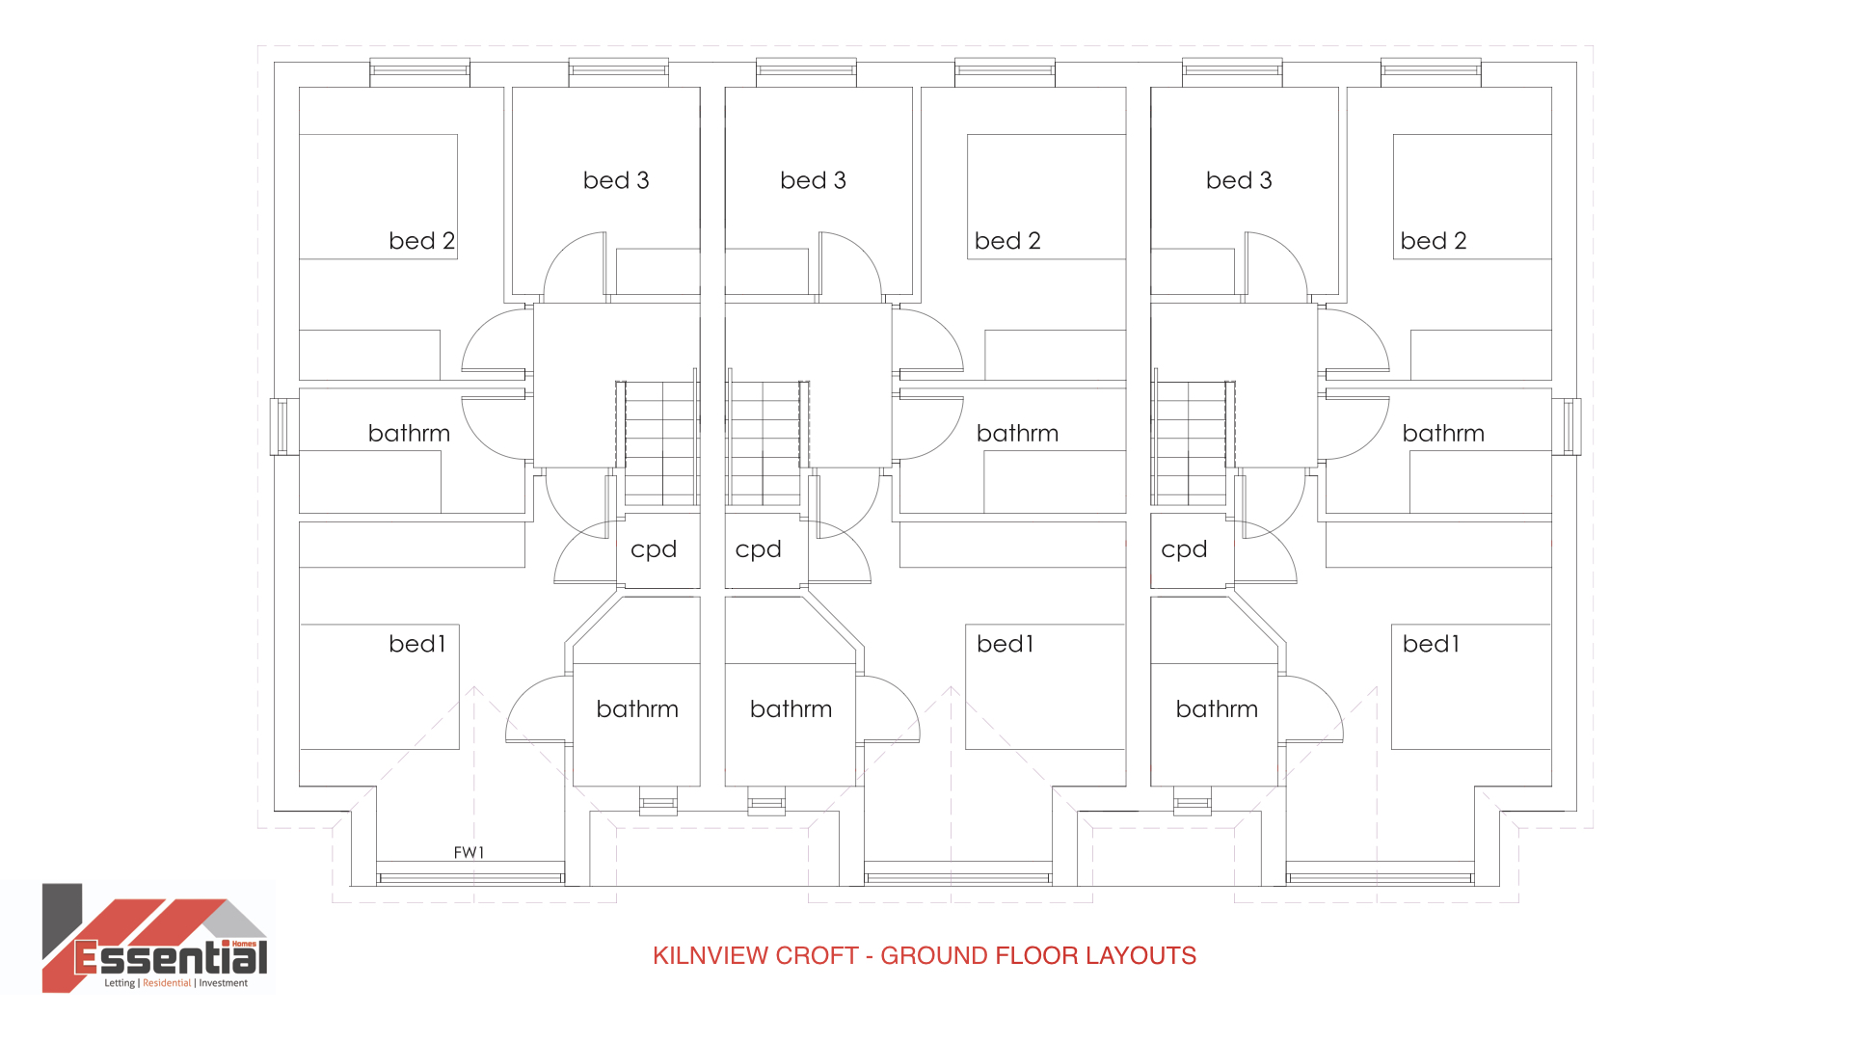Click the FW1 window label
469,852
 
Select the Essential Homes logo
154,938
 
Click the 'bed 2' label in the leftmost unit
421,241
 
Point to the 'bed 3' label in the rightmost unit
1239,180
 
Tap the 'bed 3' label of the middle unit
813,180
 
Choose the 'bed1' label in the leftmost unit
417,644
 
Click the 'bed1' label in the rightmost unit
1431,644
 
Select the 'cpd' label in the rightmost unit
1184,549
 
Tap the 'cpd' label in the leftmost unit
654,549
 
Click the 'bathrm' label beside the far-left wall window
409,434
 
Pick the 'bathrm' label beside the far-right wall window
1443,434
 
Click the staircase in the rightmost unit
1193,443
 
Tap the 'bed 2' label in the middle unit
1007,241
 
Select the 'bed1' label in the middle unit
1005,644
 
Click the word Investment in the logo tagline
224,983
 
